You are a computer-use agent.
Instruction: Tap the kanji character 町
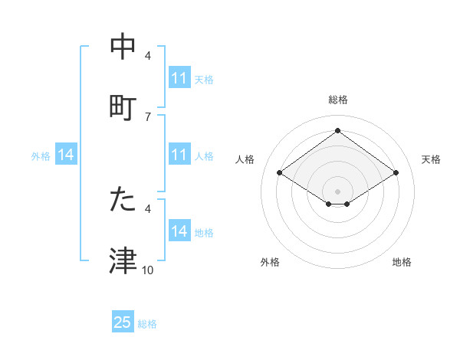click(x=123, y=106)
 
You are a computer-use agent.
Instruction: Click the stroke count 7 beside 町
click(x=148, y=116)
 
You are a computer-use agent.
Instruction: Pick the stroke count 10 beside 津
click(x=148, y=270)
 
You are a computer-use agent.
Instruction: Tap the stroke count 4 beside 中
click(x=148, y=56)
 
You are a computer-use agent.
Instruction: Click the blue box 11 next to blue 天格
click(x=179, y=78)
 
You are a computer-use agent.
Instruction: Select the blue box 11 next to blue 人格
click(x=179, y=155)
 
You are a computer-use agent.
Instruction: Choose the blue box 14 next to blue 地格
click(x=179, y=231)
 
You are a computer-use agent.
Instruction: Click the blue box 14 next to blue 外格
click(x=66, y=155)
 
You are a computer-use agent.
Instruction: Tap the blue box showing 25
click(x=123, y=322)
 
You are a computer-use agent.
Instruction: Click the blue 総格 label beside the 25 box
click(x=147, y=324)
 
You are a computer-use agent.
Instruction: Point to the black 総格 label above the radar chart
click(x=338, y=100)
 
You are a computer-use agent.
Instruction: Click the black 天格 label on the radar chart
click(x=432, y=159)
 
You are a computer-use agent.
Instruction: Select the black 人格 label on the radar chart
click(x=245, y=159)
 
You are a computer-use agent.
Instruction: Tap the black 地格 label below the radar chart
click(x=402, y=262)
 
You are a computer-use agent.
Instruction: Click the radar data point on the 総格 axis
click(x=338, y=130)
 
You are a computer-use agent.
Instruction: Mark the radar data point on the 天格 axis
click(x=396, y=173)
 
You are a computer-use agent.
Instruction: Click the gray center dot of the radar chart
click(x=338, y=191)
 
